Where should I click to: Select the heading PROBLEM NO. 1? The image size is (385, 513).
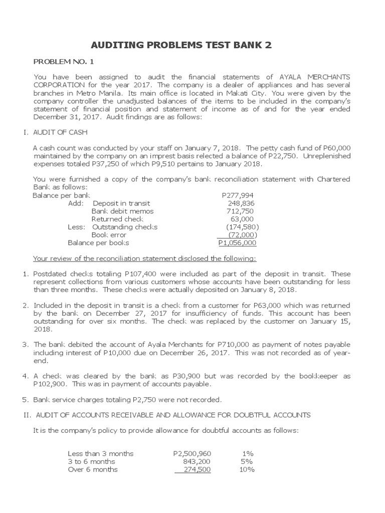pyautogui.click(x=63, y=62)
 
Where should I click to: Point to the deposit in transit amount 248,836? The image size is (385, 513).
pyautogui.click(x=241, y=203)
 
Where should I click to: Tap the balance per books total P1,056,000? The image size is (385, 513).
pyautogui.click(x=237, y=243)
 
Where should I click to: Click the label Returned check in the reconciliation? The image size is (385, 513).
pyautogui.click(x=117, y=219)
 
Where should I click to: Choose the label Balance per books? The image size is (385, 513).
pyautogui.click(x=98, y=243)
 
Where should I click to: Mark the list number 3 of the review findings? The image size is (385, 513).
pyautogui.click(x=25, y=345)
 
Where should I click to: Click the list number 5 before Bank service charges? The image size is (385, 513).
pyautogui.click(x=25, y=399)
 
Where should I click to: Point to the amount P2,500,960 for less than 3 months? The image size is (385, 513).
pyautogui.click(x=192, y=453)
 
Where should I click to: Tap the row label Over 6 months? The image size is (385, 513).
pyautogui.click(x=93, y=469)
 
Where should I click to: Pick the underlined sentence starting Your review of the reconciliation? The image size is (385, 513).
pyautogui.click(x=144, y=259)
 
